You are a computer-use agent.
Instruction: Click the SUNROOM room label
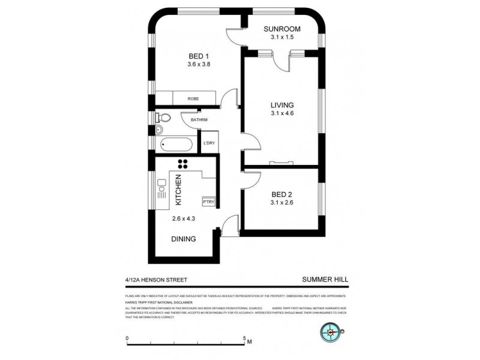[284, 28]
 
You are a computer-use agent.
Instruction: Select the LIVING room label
[281, 104]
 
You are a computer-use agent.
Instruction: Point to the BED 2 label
[281, 194]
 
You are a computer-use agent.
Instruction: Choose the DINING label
[184, 239]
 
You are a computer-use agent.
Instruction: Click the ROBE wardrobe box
[193, 98]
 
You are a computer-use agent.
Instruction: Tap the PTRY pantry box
[208, 203]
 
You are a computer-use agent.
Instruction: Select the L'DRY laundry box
[209, 142]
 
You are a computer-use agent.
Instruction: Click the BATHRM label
[199, 120]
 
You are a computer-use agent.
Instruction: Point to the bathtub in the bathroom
[176, 144]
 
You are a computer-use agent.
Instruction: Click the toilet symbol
[163, 117]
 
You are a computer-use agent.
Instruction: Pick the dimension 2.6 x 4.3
[184, 218]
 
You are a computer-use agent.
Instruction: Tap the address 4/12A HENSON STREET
[152, 279]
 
